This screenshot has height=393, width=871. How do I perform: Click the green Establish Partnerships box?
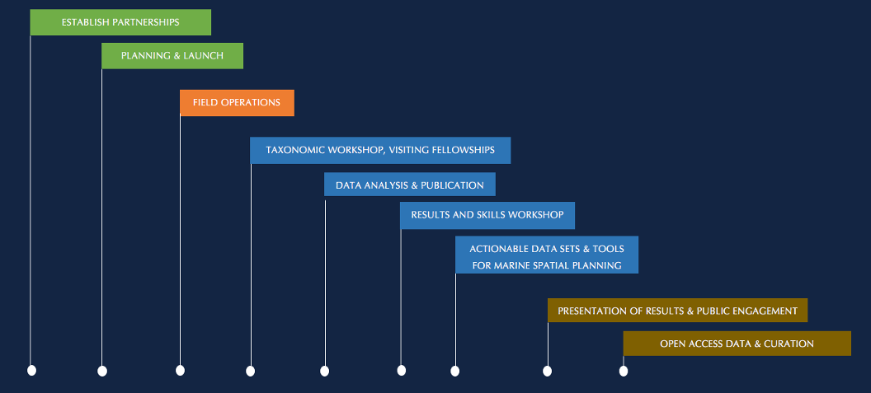[x=120, y=22]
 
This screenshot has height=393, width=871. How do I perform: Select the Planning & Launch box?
[x=172, y=55]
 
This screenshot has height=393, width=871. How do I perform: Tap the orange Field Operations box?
[x=237, y=103]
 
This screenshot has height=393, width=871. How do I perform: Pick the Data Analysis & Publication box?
[x=410, y=185]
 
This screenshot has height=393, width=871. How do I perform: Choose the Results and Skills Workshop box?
[x=487, y=215]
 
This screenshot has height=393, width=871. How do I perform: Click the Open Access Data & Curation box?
[x=737, y=344]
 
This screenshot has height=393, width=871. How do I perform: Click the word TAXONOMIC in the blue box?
[x=295, y=150]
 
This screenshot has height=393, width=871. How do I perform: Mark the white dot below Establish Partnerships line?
[x=31, y=370]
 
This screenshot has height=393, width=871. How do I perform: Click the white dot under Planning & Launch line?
[x=102, y=371]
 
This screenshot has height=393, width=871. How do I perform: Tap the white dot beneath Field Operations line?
[x=180, y=370]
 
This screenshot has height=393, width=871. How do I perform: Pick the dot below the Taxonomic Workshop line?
[x=251, y=371]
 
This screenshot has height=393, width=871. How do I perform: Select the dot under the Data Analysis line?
[x=325, y=371]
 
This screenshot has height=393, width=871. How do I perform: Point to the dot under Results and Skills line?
[x=402, y=370]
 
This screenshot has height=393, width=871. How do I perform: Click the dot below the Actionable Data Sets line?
[x=455, y=371]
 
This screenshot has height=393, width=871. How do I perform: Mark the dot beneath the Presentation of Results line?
[x=547, y=371]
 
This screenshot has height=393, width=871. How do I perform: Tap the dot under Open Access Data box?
[x=624, y=371]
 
